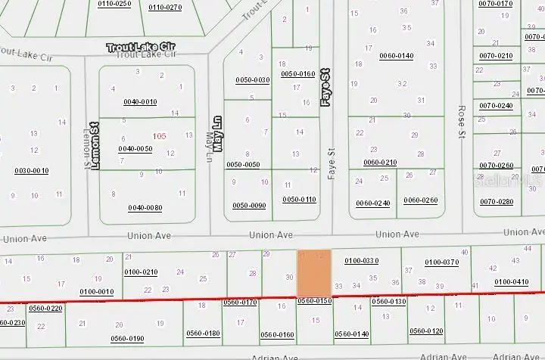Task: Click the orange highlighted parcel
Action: click(313, 273)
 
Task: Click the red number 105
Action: click(159, 136)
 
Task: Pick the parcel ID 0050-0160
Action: click(297, 74)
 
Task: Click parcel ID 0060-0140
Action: click(396, 56)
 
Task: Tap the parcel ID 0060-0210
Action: click(380, 163)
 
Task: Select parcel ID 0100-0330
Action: click(361, 261)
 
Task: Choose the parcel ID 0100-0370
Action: click(441, 262)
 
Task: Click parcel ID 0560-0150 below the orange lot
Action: click(315, 301)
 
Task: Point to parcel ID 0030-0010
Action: click(31, 171)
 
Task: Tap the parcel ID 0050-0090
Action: click(249, 206)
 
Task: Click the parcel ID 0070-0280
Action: click(496, 201)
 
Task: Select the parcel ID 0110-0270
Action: click(165, 7)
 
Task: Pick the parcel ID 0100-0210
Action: click(140, 272)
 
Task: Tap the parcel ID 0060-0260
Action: click(420, 200)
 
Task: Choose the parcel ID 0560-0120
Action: click(426, 331)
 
